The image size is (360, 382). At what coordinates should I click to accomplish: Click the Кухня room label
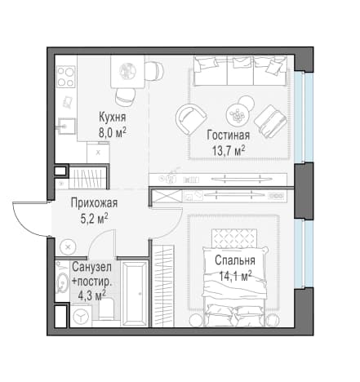click(113, 118)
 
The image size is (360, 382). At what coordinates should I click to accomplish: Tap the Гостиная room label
click(229, 135)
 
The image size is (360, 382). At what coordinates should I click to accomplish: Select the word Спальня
click(235, 260)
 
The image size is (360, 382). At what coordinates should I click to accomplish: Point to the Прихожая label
click(94, 203)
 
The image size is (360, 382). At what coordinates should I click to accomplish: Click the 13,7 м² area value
click(229, 150)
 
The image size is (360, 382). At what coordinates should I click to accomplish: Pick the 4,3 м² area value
click(92, 295)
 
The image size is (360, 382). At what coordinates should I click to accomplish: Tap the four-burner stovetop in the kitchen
click(66, 76)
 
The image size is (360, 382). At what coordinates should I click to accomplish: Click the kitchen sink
click(65, 126)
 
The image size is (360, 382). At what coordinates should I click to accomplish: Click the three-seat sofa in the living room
click(240, 70)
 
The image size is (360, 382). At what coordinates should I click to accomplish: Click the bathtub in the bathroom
click(136, 293)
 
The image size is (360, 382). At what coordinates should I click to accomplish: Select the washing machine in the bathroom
click(81, 316)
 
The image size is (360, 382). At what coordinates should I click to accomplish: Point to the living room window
click(304, 118)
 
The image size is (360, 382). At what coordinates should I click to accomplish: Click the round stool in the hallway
click(68, 247)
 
